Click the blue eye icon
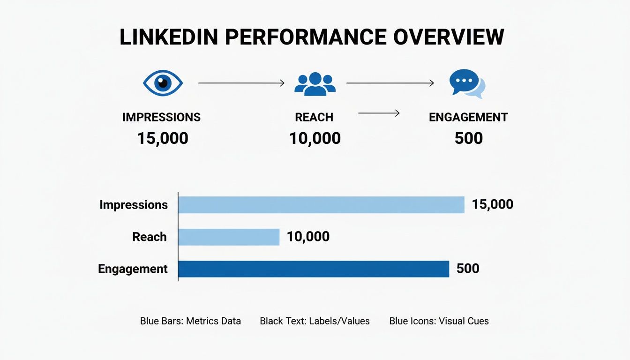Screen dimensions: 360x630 point(162,83)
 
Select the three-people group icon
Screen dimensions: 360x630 point(315,84)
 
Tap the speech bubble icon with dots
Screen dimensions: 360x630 point(466,84)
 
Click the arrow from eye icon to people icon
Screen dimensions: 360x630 point(241,83)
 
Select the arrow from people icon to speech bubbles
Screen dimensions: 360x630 point(390,83)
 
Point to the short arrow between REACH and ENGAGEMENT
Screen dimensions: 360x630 point(379,113)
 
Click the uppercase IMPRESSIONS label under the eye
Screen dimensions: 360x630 point(161,117)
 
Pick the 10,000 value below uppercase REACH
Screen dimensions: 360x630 point(315,138)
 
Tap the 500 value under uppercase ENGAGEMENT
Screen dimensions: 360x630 point(468,138)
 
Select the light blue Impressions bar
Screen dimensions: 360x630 point(321,205)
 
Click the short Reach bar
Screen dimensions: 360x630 point(229,237)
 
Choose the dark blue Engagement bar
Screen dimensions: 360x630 point(314,269)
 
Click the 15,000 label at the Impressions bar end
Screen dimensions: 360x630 point(492,204)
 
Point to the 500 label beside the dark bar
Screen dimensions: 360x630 point(467,269)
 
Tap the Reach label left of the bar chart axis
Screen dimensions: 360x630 point(150,237)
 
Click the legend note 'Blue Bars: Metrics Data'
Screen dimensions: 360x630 point(190,321)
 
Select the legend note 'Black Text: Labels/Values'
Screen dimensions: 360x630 point(315,321)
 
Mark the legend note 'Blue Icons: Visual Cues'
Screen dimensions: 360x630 point(439,321)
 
